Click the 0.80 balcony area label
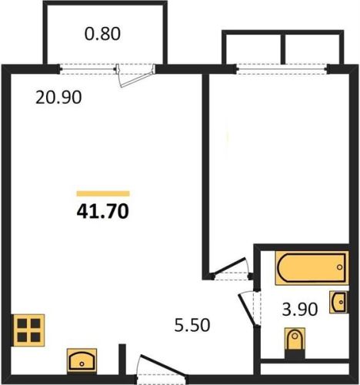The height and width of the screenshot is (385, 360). click(x=102, y=34)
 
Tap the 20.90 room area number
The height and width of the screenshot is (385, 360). click(x=58, y=98)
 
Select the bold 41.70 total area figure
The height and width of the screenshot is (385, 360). click(x=103, y=212)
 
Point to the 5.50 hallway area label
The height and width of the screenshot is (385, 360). click(x=192, y=325)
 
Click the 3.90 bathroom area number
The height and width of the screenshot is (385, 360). click(x=300, y=310)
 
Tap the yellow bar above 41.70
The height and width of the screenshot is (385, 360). click(x=103, y=193)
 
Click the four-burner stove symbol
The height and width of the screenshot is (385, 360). click(x=29, y=330)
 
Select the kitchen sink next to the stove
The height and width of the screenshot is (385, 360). click(x=82, y=360)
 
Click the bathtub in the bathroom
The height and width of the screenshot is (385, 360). click(x=312, y=268)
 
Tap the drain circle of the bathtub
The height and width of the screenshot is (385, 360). click(x=340, y=267)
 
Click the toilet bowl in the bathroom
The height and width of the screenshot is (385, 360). click(x=295, y=339)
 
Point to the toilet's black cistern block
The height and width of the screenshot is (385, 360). click(x=295, y=354)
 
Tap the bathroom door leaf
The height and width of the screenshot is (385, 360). click(x=247, y=310)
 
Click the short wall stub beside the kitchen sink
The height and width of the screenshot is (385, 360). click(x=122, y=360)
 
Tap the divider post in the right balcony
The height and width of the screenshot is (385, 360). click(x=283, y=49)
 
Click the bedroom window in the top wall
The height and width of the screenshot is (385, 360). click(x=282, y=69)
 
